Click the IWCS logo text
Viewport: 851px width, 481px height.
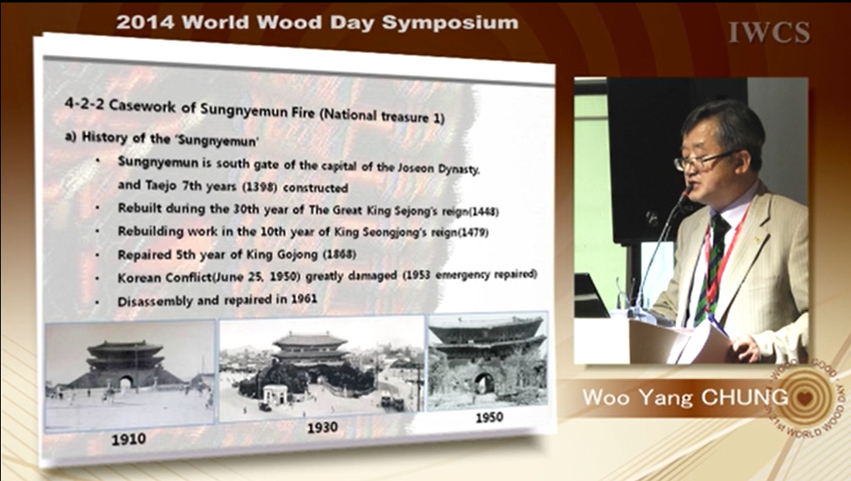[769, 32]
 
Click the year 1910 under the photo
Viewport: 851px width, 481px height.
[128, 438]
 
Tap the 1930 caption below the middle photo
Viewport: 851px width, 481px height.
[322, 428]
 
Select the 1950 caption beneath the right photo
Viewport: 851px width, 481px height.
[490, 418]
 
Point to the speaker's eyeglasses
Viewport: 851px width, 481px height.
[703, 159]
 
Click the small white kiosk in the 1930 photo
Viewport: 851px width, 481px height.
[275, 393]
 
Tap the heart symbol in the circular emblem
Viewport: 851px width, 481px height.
[804, 398]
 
